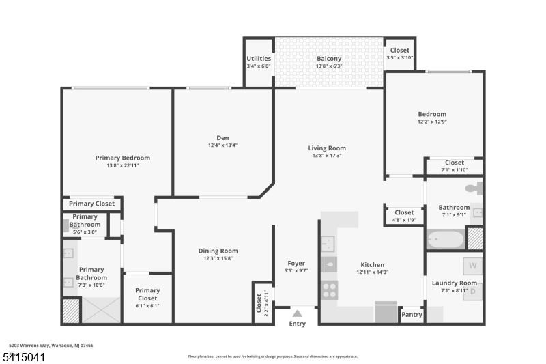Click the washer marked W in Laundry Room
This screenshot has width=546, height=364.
(472, 266)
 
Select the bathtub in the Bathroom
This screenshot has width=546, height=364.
(445, 240)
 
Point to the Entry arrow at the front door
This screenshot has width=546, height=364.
(298, 314)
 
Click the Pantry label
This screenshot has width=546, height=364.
(412, 315)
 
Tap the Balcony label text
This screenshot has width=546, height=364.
(329, 59)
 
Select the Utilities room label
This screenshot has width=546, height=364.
(259, 59)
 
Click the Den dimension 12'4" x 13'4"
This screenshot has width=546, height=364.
(222, 145)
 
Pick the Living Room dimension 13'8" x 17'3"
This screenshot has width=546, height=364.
(327, 156)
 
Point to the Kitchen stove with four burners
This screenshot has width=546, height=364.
(329, 290)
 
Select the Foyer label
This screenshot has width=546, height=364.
(296, 263)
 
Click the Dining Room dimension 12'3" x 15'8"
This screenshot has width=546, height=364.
(218, 259)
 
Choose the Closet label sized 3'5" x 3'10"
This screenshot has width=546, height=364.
(400, 51)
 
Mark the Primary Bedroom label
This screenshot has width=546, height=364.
(122, 158)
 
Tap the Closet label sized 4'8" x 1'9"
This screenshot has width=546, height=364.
(404, 212)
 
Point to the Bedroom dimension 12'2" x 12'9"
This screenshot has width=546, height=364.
(432, 122)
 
